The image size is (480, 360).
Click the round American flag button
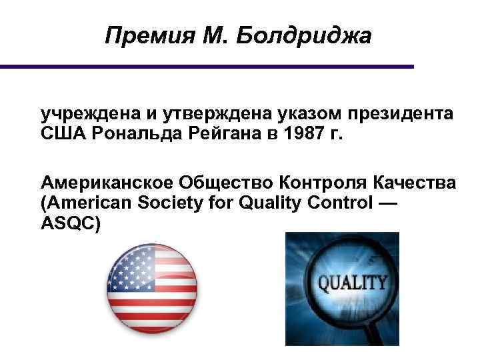coord(153,287)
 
